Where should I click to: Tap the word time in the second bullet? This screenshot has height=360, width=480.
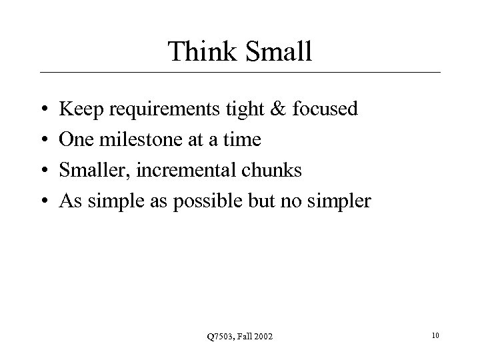click(243, 139)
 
